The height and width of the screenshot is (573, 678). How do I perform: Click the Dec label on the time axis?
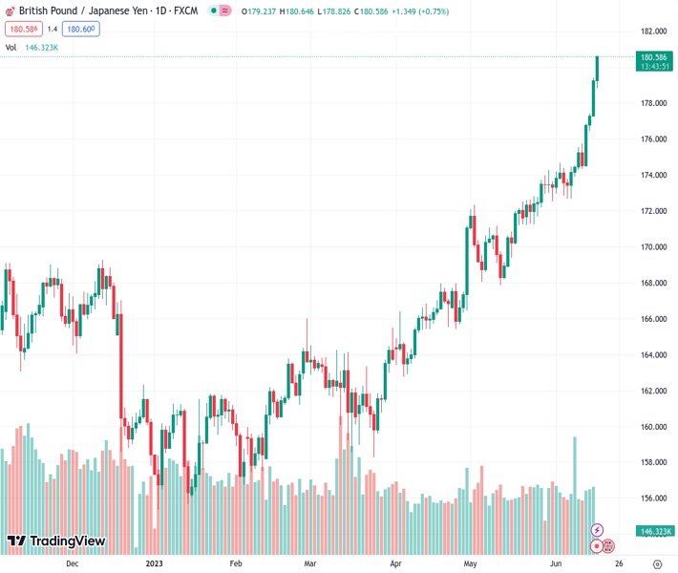(72, 564)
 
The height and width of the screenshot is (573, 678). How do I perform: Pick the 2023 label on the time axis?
(156, 564)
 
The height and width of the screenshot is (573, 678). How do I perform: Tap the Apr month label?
(396, 564)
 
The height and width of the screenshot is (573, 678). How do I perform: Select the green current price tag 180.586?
(653, 57)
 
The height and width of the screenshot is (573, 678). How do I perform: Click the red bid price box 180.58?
(23, 29)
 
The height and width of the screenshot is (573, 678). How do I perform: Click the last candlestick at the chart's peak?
(597, 68)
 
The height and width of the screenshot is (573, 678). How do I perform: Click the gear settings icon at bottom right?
(656, 564)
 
